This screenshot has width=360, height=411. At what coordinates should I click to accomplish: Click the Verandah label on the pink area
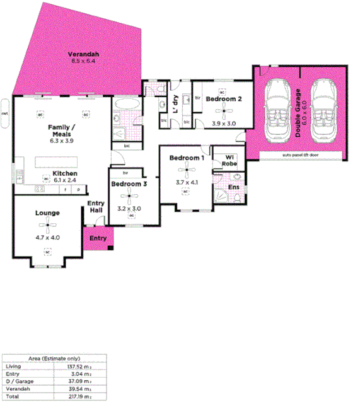[83, 55]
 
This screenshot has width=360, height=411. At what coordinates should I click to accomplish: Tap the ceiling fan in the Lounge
[47, 225]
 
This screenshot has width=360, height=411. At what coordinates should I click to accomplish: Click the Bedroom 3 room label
[129, 184]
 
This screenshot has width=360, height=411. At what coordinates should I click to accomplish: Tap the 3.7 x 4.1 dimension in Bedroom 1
[187, 183]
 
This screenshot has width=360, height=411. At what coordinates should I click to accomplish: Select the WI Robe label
[229, 161]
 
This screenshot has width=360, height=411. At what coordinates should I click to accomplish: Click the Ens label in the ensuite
[233, 187]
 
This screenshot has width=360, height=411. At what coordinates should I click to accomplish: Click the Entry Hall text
[96, 206]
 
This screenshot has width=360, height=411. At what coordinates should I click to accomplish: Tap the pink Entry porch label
[98, 238]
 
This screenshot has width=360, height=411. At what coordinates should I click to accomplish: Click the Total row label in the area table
[12, 397]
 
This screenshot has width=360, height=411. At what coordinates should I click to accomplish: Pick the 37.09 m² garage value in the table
[81, 381]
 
